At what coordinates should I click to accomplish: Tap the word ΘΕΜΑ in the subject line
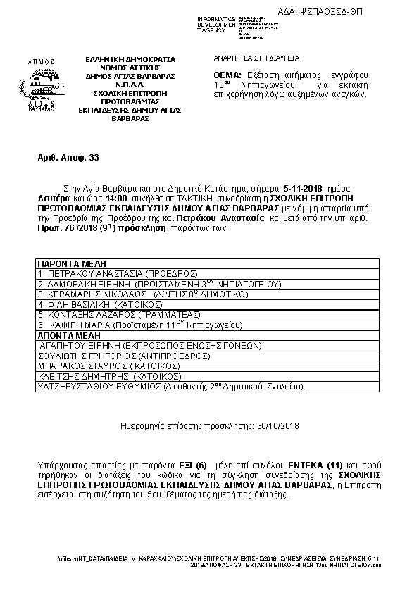point(227,75)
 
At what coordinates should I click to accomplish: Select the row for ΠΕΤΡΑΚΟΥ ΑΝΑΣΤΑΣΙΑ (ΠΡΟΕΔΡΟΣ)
point(118,272)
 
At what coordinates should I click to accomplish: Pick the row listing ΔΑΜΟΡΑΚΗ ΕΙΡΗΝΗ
point(160,283)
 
